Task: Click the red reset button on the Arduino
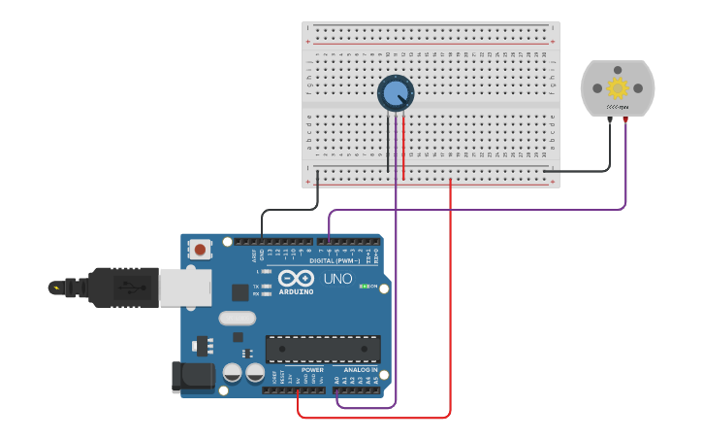[200, 250]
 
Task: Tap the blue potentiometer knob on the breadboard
[395, 93]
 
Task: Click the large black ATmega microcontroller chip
[323, 349]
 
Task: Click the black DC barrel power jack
[191, 378]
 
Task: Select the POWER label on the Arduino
[312, 370]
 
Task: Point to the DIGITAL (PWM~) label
[334, 260]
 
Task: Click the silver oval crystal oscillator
[238, 318]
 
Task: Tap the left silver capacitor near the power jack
[233, 373]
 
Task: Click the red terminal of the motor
[626, 118]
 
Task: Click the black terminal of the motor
[610, 118]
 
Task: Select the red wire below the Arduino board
[373, 418]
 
